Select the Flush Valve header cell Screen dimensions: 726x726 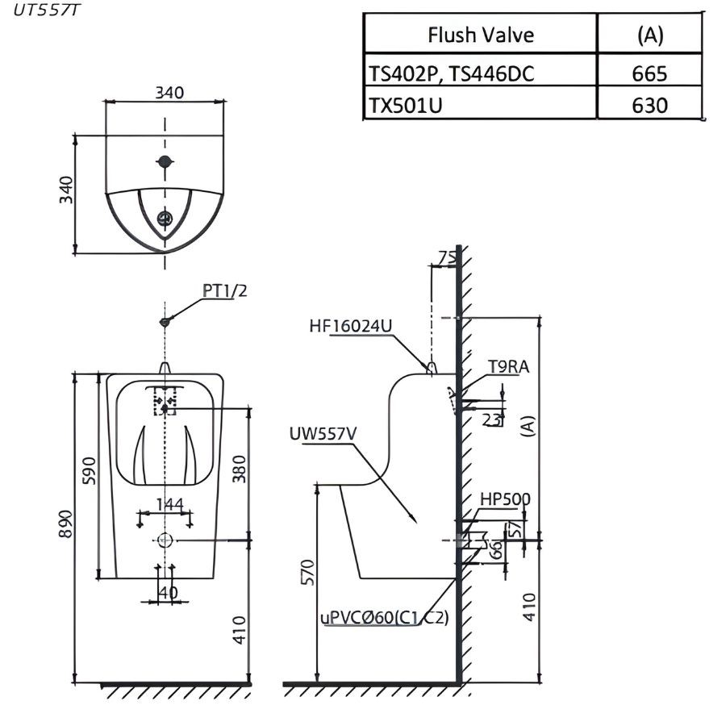click(x=480, y=35)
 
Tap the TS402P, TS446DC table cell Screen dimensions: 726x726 click(x=452, y=74)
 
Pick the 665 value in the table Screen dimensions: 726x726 click(x=649, y=74)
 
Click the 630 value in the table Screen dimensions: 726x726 click(x=649, y=105)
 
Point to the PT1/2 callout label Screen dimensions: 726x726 click(x=223, y=292)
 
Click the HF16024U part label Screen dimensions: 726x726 click(x=350, y=326)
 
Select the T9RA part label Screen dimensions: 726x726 click(x=508, y=368)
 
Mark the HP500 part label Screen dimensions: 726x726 click(x=505, y=499)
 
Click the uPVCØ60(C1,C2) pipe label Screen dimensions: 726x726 click(x=384, y=618)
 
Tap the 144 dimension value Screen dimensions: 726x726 click(x=170, y=505)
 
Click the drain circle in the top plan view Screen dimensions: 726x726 click(x=165, y=218)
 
